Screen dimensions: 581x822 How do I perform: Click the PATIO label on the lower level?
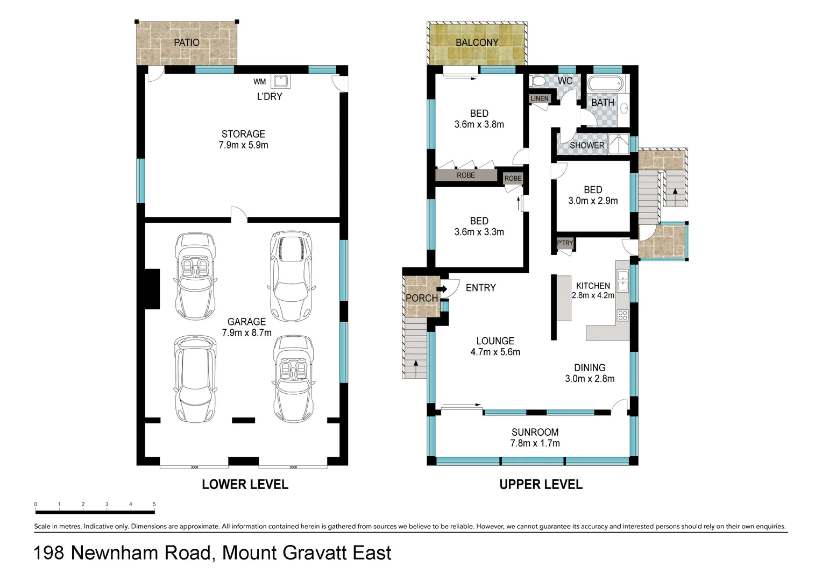186,42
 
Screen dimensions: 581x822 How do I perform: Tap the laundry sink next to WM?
280,81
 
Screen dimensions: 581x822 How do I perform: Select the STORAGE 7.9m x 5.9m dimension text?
243,145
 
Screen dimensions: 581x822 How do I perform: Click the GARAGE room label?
246,322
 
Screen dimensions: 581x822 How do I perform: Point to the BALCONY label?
477,42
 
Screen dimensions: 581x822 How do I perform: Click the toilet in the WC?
538,81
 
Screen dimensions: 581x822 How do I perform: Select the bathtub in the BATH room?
605,84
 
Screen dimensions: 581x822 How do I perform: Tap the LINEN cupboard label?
539,98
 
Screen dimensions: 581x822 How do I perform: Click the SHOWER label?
587,145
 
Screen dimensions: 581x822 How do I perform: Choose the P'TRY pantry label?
565,243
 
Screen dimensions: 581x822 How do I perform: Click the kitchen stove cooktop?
622,315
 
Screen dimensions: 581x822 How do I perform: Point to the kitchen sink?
622,281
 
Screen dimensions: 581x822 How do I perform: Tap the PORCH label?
421,298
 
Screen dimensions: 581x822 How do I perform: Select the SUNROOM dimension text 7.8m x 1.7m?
535,443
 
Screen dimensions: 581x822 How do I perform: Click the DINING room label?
590,368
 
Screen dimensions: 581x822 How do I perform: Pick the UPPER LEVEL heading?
541,485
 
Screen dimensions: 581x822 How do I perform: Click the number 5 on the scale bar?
154,505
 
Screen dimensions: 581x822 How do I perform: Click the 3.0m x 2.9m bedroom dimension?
593,201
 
